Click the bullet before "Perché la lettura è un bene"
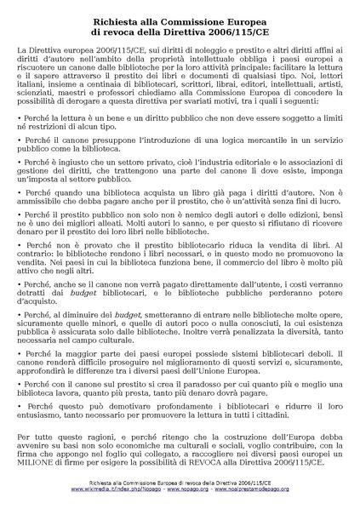pos(20,125)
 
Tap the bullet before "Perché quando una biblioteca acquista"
pos(20,193)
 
